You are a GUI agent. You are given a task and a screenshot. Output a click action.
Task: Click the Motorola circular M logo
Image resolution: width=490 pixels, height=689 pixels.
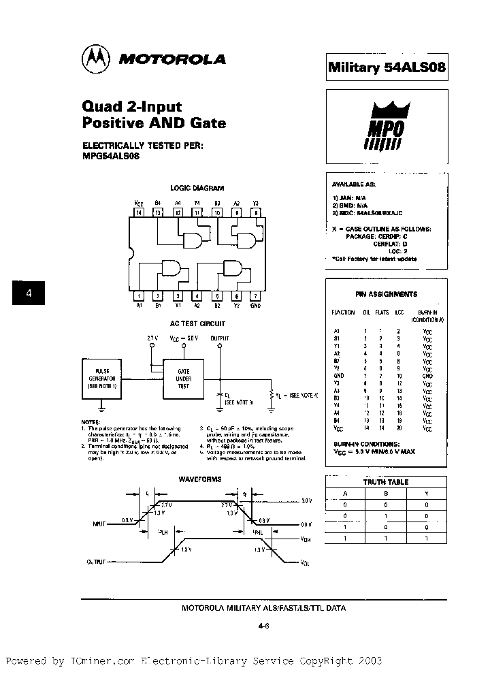(x=96, y=59)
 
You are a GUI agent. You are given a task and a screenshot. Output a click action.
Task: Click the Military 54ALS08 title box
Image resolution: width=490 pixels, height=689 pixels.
(x=387, y=67)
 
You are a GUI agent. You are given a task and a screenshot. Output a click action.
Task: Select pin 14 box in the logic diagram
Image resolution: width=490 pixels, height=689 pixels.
(x=139, y=213)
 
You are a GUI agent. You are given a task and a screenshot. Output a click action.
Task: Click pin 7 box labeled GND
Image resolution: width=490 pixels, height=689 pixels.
(x=255, y=295)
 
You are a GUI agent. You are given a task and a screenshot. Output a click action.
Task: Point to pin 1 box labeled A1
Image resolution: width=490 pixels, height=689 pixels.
(x=139, y=295)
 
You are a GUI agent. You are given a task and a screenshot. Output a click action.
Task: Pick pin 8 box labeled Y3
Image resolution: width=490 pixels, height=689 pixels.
(x=255, y=213)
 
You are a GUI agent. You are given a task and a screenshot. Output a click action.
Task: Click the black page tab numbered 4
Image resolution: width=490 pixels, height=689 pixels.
(x=29, y=293)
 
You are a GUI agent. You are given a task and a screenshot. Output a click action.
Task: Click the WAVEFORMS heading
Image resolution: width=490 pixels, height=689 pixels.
(x=200, y=479)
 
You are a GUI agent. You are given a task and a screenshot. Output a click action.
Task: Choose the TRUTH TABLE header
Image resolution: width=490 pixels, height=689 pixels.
(x=386, y=482)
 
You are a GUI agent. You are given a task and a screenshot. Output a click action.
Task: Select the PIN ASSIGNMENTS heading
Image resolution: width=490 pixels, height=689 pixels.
(x=386, y=294)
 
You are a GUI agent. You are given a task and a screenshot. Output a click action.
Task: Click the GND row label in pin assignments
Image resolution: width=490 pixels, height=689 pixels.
(x=338, y=375)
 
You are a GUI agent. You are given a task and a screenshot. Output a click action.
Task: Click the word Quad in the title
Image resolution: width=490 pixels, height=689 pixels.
(x=102, y=106)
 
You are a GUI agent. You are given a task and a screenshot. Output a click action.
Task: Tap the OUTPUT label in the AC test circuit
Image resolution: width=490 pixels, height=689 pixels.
(x=220, y=338)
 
